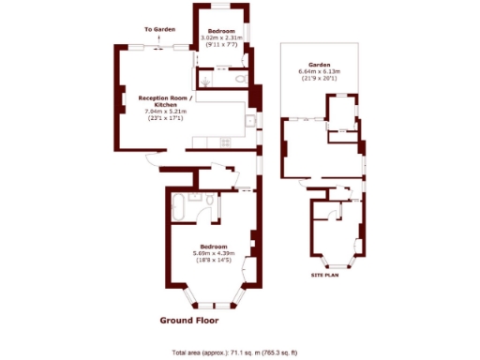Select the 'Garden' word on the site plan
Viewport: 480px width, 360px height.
pos(319,65)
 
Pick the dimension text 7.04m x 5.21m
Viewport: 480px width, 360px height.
pos(164,112)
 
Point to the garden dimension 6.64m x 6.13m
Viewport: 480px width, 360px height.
pos(319,71)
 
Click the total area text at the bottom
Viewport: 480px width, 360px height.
pos(234,352)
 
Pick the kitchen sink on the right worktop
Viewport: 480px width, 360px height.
pos(251,122)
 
